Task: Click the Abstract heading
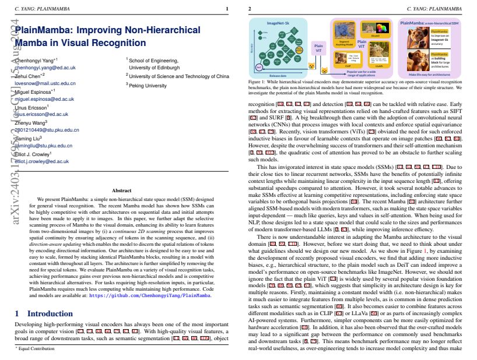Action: (121, 190)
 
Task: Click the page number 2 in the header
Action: (250, 9)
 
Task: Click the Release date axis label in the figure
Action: (278, 76)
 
